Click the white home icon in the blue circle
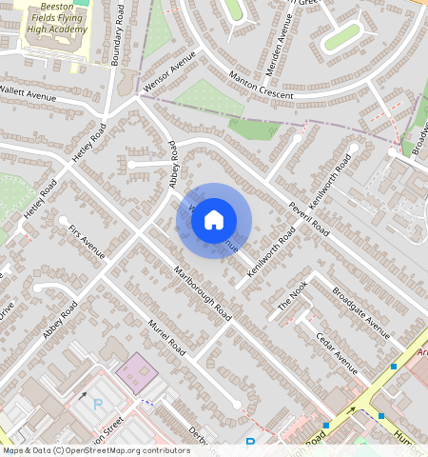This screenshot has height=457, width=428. [214, 220]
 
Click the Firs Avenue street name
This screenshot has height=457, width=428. [87, 242]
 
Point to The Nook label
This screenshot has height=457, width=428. [294, 299]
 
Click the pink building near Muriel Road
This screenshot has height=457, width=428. [136, 373]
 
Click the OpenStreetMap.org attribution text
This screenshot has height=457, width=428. [109, 450]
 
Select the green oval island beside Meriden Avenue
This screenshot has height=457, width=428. [342, 36]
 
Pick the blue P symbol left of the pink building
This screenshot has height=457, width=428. [97, 404]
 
